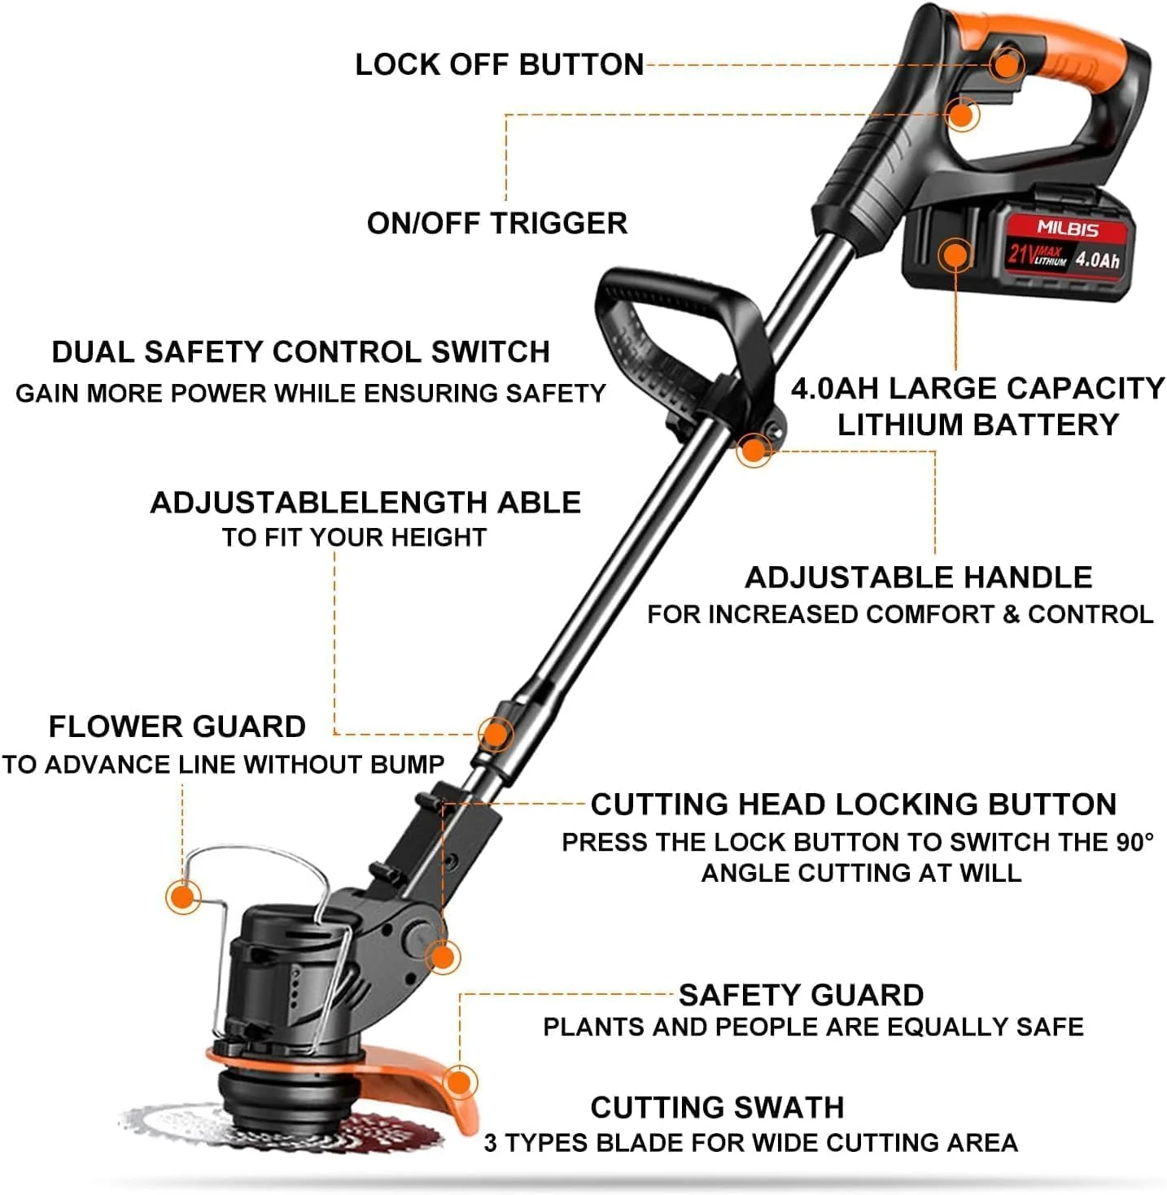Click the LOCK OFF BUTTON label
(499, 64)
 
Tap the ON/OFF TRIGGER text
(496, 223)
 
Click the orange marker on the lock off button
(1007, 64)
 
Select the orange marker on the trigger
(962, 115)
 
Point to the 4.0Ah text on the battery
(1097, 259)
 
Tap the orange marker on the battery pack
(955, 255)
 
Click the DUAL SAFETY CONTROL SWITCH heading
(300, 351)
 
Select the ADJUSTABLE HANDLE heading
(918, 578)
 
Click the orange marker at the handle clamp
(754, 450)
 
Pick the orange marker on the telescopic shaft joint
(495, 734)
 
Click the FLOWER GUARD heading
(177, 726)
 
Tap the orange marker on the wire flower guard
(183, 897)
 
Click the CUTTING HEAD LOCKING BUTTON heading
(853, 804)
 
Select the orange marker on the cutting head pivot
(443, 957)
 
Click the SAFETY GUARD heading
(801, 995)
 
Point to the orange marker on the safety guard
(460, 1082)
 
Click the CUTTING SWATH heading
(717, 1107)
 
